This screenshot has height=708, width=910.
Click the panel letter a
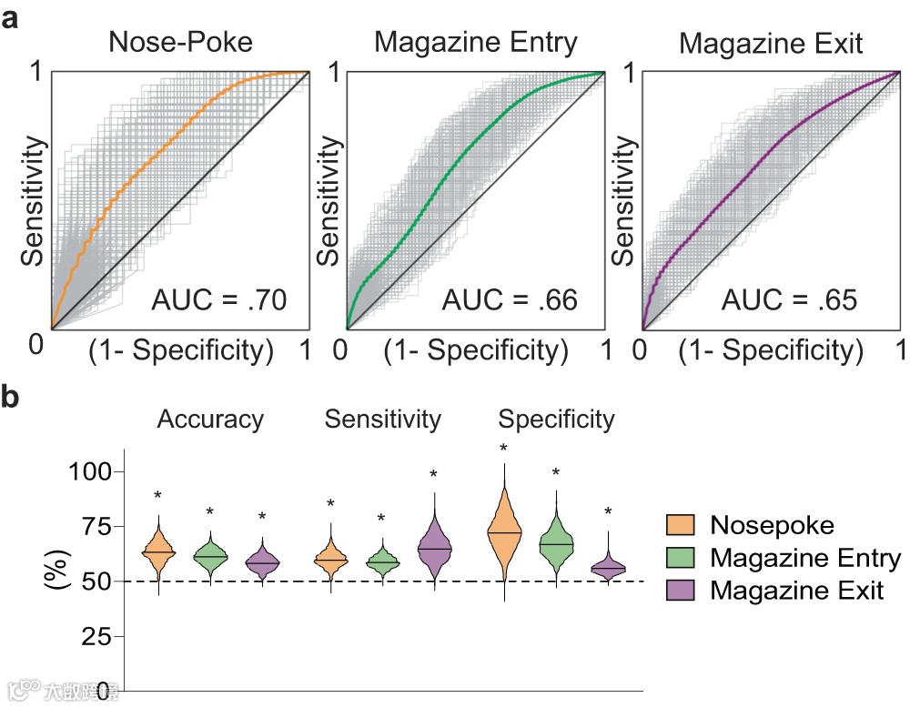[12, 17]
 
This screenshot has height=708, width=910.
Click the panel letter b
[13, 398]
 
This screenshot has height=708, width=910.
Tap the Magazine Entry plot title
[474, 43]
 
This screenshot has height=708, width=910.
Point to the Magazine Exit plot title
[770, 44]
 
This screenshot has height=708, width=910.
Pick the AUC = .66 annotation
[510, 298]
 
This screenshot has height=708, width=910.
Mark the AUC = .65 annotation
[790, 298]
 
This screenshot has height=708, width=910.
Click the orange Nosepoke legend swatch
[681, 525]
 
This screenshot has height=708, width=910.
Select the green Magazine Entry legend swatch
[681, 557]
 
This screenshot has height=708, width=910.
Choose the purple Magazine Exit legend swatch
[681, 590]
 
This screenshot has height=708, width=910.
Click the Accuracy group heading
[210, 420]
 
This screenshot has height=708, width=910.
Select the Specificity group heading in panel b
[556, 420]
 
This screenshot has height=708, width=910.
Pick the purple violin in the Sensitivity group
[434, 549]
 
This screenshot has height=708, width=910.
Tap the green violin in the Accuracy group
[210, 556]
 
